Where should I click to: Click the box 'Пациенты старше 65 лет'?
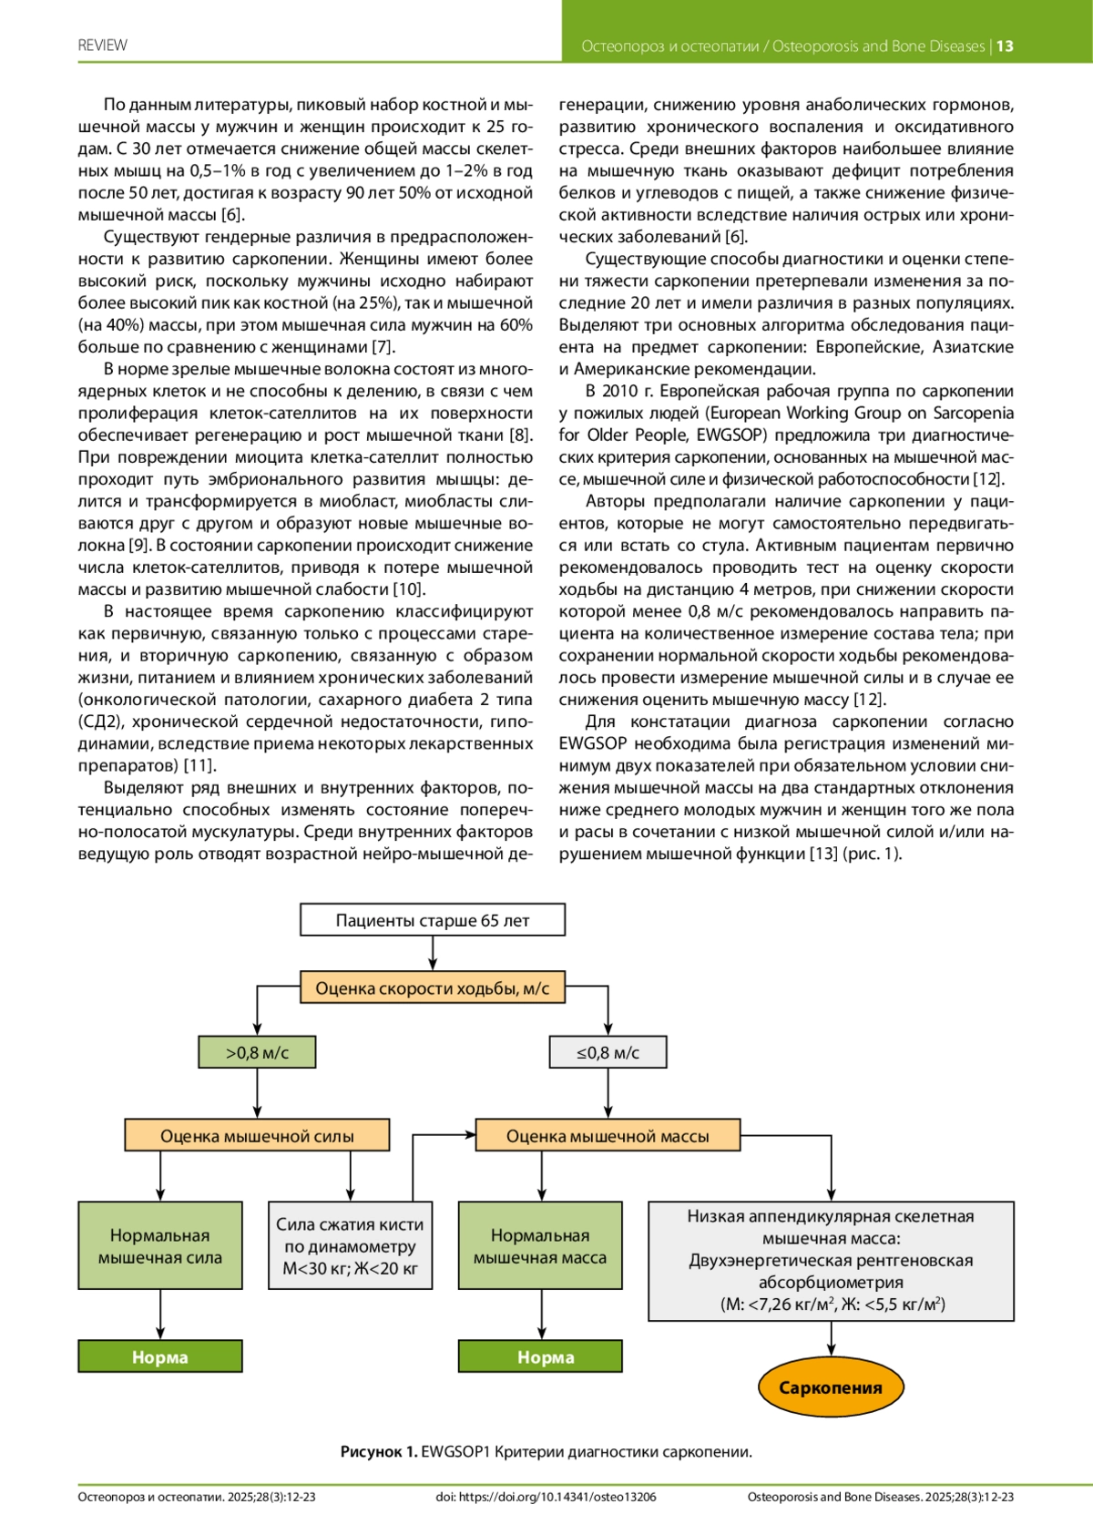pos(433,920)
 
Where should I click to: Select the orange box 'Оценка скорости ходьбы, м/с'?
pos(433,988)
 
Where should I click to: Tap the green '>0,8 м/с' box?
pos(258,1052)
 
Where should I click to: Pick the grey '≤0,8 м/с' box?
pos(608,1052)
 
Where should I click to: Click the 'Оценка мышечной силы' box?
pos(257,1136)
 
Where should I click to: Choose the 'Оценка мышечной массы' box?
pos(608,1136)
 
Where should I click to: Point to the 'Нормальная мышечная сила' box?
pos(160,1246)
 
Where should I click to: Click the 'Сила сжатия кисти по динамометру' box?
pos(351,1246)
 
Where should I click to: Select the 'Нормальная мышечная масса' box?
pos(540,1246)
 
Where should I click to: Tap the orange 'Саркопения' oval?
pos(831,1387)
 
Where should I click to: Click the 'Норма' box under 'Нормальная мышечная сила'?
pos(160,1356)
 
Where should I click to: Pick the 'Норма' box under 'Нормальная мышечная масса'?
pos(540,1356)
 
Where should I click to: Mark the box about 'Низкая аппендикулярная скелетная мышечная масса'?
pos(831,1261)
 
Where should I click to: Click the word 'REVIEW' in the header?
pos(103,46)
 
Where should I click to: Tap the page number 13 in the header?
pos(1005,46)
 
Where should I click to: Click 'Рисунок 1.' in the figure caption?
pos(379,1452)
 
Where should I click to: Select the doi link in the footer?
pos(546,1497)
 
